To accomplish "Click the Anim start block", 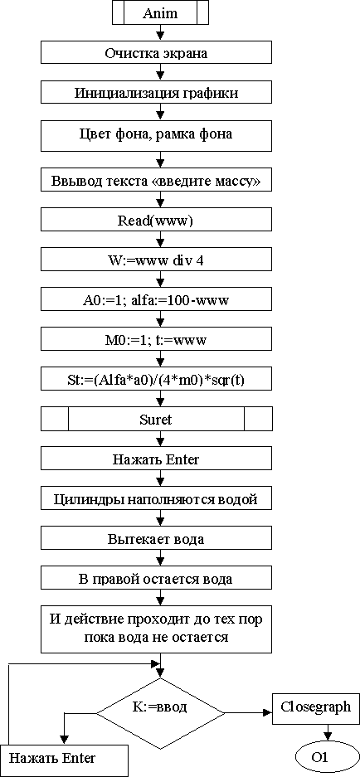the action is click(x=160, y=13).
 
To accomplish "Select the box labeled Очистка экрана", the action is click(x=156, y=53).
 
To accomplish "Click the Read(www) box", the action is click(x=156, y=221).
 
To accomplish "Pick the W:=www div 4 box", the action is click(x=156, y=260).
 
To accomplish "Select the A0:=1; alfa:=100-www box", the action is click(x=156, y=301).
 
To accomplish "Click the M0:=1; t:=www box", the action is click(x=156, y=341).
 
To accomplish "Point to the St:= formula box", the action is click(x=156, y=380).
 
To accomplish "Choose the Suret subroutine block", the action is click(x=156, y=420).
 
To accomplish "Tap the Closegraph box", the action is click(x=316, y=707).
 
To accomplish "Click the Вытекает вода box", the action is click(x=156, y=540).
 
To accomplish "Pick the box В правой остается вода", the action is click(x=156, y=580).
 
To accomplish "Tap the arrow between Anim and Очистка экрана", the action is click(x=160, y=32).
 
